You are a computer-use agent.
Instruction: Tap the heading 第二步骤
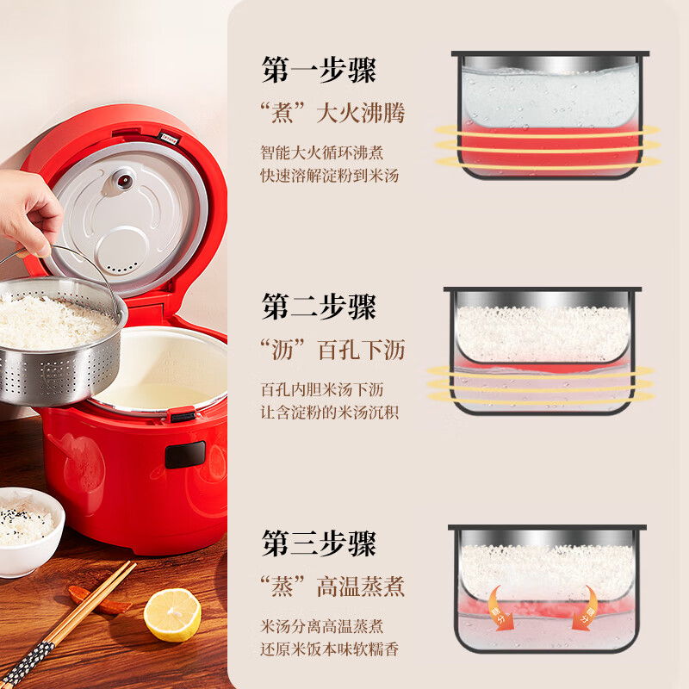point(319,306)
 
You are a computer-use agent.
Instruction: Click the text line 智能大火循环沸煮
point(322,153)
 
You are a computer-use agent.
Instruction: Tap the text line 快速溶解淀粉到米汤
point(330,176)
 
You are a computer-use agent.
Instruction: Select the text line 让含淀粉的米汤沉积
point(330,412)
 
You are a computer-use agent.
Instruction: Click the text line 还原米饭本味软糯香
point(330,649)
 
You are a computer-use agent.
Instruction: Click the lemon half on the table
point(172,614)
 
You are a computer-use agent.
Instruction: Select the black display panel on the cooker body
point(185,455)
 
